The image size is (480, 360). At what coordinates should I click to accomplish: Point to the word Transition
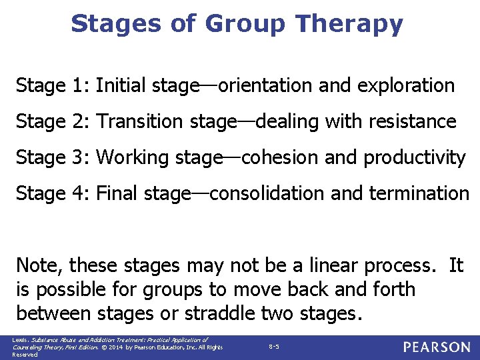[139, 122]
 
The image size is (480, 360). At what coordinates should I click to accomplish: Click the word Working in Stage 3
[132, 158]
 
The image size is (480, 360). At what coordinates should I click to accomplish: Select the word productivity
[414, 158]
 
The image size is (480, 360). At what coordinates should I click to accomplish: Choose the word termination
[423, 194]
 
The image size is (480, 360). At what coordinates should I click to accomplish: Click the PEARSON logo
[436, 347]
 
